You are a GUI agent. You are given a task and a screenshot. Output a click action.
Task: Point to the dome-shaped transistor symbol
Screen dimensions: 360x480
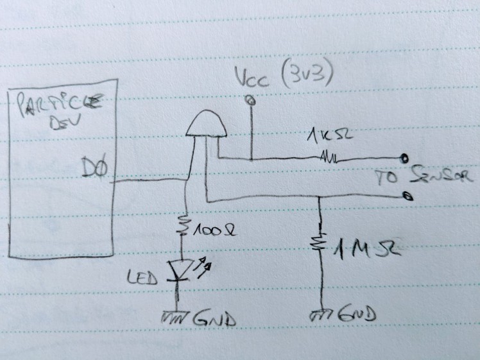click(207, 123)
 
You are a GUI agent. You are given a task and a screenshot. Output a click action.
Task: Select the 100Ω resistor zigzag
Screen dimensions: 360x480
click(184, 226)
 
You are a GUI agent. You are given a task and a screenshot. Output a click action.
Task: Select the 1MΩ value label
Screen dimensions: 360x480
click(364, 246)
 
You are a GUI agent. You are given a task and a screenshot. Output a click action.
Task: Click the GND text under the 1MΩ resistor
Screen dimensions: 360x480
click(355, 316)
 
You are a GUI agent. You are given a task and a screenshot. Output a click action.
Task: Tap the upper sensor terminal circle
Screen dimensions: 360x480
click(404, 158)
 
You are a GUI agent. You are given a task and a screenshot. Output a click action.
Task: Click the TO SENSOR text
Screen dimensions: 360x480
click(424, 176)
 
